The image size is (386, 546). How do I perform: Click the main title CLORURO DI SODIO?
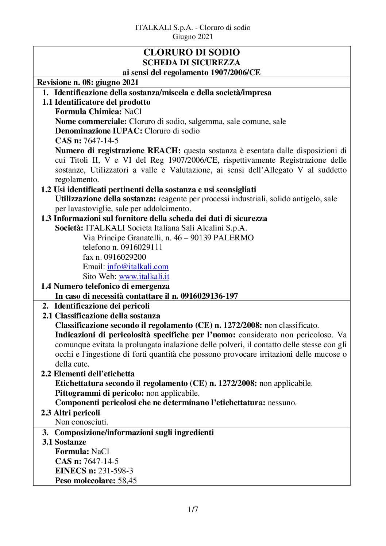pos(192,53)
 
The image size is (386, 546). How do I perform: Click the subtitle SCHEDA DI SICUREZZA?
pos(192,62)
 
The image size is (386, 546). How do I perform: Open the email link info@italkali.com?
pos(138,267)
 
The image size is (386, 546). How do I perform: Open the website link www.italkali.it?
pos(144,276)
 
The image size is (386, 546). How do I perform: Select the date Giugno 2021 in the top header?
pos(193,36)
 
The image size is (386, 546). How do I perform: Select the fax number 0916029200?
pos(125,257)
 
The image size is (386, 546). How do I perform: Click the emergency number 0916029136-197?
pos(209,296)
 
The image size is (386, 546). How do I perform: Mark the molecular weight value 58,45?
pos(127,481)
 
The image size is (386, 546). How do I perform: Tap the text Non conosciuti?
pos(81,422)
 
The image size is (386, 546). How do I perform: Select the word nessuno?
pos(282,403)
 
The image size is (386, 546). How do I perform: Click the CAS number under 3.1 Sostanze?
pos(101,461)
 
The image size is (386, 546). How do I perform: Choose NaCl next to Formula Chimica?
pos(132,112)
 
